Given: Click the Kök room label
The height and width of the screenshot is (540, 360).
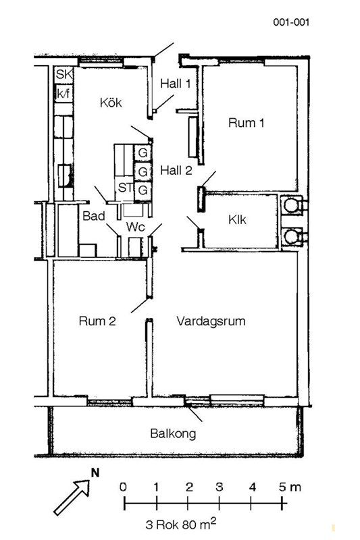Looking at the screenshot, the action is tap(111, 103).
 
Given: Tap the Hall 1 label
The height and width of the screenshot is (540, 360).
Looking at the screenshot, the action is tap(176, 83).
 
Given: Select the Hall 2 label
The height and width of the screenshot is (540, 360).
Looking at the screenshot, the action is tap(176, 170).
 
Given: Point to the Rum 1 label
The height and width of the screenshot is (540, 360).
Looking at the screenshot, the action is tap(246, 123).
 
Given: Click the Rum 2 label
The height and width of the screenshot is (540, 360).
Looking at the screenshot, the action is tap(97, 321).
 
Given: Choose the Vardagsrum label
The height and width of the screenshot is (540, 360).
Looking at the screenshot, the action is tap(211, 321).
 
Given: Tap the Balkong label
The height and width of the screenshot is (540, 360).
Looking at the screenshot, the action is tap(173, 433).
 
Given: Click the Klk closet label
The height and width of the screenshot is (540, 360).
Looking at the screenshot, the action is tap(237, 220).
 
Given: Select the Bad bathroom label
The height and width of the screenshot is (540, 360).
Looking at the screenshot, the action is tap(94, 216).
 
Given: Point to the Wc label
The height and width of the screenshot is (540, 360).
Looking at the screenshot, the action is tap(135, 227).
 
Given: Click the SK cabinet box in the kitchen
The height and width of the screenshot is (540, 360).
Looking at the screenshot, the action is tap(63, 74).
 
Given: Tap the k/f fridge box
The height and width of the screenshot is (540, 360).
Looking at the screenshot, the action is tap(63, 93).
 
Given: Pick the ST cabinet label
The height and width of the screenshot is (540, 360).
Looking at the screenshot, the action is tap(125, 188).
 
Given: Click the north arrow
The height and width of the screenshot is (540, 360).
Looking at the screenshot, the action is tap(72, 497).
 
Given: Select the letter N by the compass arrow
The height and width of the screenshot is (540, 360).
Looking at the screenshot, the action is tap(95, 473).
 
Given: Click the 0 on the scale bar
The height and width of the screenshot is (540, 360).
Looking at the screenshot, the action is tap(123, 487).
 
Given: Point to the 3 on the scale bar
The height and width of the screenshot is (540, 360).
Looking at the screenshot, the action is tap(220, 487).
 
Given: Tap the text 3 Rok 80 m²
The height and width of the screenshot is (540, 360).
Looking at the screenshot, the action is tap(181, 524).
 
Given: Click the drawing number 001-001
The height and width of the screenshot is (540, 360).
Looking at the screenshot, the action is tap(292, 22).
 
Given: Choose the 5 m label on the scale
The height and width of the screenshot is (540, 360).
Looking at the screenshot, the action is tap(290, 487).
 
